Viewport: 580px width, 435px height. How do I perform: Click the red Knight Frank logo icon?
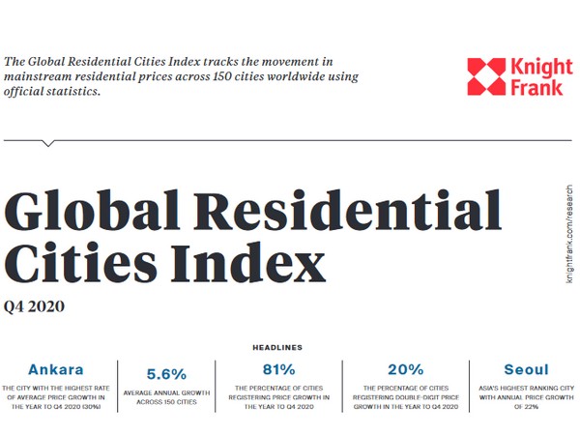[486, 77]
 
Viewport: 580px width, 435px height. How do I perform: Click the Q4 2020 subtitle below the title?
[35, 307]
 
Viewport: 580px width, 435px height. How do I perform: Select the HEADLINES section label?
[277, 347]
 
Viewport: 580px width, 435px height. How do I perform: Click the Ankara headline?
[56, 369]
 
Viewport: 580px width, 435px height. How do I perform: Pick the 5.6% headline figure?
[166, 373]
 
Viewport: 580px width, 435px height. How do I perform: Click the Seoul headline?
[526, 369]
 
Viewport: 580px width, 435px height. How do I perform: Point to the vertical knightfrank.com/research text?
[566, 231]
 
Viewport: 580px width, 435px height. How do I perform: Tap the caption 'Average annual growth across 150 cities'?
[166, 397]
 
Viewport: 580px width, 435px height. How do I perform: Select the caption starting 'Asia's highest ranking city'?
[526, 395]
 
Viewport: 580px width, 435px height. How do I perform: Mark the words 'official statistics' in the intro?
[53, 94]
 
